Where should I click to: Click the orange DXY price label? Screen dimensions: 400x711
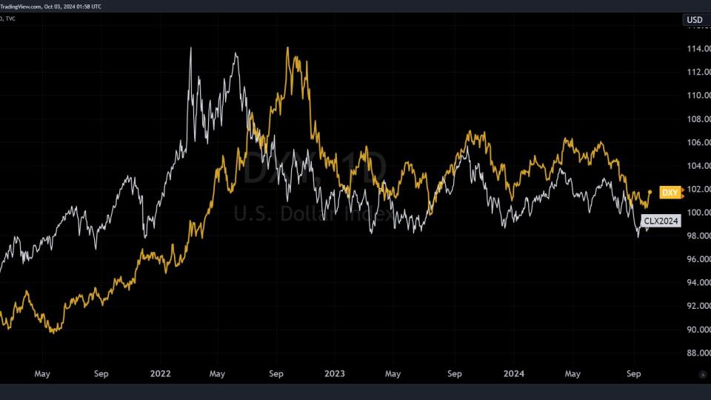click(670, 193)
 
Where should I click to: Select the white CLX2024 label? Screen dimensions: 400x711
click(661, 221)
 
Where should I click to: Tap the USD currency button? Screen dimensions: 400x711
click(695, 20)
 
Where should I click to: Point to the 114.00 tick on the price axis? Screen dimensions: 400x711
click(699, 49)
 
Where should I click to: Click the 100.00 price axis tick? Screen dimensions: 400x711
click(699, 213)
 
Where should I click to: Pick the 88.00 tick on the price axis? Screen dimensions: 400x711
click(699, 353)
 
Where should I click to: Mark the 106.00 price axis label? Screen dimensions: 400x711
click(699, 142)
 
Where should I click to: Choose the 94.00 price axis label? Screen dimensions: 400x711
click(699, 283)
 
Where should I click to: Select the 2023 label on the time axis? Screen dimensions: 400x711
click(335, 374)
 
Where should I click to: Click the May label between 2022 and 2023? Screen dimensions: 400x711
click(217, 374)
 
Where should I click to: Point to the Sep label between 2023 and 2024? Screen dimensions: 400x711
click(455, 374)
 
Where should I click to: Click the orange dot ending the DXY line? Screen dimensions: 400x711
click(650, 193)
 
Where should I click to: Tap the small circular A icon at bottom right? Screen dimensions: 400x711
click(702, 375)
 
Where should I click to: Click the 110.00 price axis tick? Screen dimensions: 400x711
click(699, 96)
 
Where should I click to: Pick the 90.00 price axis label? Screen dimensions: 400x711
click(699, 330)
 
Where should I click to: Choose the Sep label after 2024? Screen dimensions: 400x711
click(634, 374)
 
